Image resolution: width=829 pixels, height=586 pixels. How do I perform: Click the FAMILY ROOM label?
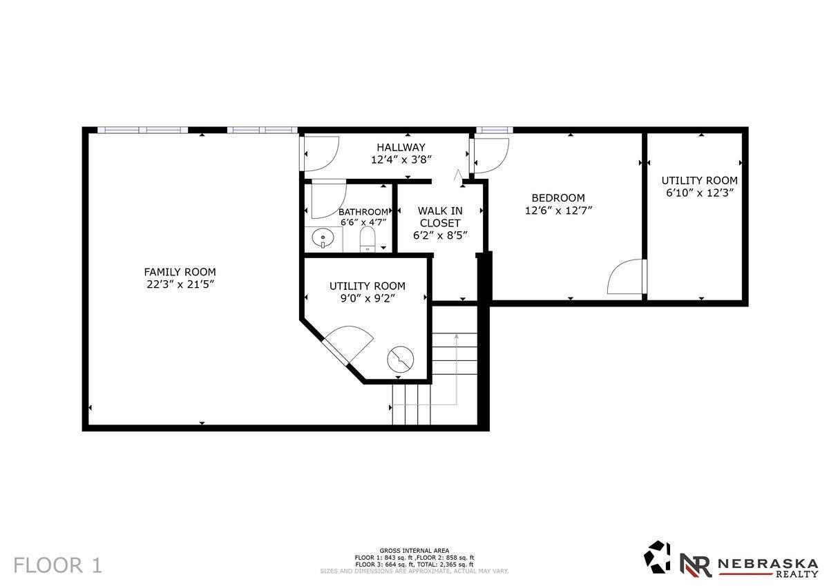pos(180,272)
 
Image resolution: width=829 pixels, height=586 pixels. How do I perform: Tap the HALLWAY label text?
pos(401,147)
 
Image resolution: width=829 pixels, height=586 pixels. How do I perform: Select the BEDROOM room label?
pos(558,198)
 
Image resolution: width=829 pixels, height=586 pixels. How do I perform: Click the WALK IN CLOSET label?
pos(440,217)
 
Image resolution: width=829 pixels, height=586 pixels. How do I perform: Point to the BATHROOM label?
pos(363,212)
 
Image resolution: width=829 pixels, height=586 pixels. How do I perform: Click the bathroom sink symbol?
pos(323,238)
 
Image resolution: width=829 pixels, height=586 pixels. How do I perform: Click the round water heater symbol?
pos(401,360)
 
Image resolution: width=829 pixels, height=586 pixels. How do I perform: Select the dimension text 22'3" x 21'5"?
pos(180,284)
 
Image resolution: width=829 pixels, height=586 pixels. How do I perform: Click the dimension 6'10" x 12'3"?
pos(699,193)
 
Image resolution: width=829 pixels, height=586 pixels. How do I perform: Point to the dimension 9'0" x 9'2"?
pos(368,298)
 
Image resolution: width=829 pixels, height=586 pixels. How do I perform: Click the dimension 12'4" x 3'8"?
pos(401,159)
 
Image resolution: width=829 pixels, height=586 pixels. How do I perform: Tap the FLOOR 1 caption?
pos(57,565)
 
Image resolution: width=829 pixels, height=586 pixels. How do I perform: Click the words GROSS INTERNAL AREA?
pos(414,551)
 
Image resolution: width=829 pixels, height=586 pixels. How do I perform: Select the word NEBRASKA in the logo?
pos(768,563)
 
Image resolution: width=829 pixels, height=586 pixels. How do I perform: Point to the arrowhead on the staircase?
pos(457,336)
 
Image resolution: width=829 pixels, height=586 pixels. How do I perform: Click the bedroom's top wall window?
pos(495,130)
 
